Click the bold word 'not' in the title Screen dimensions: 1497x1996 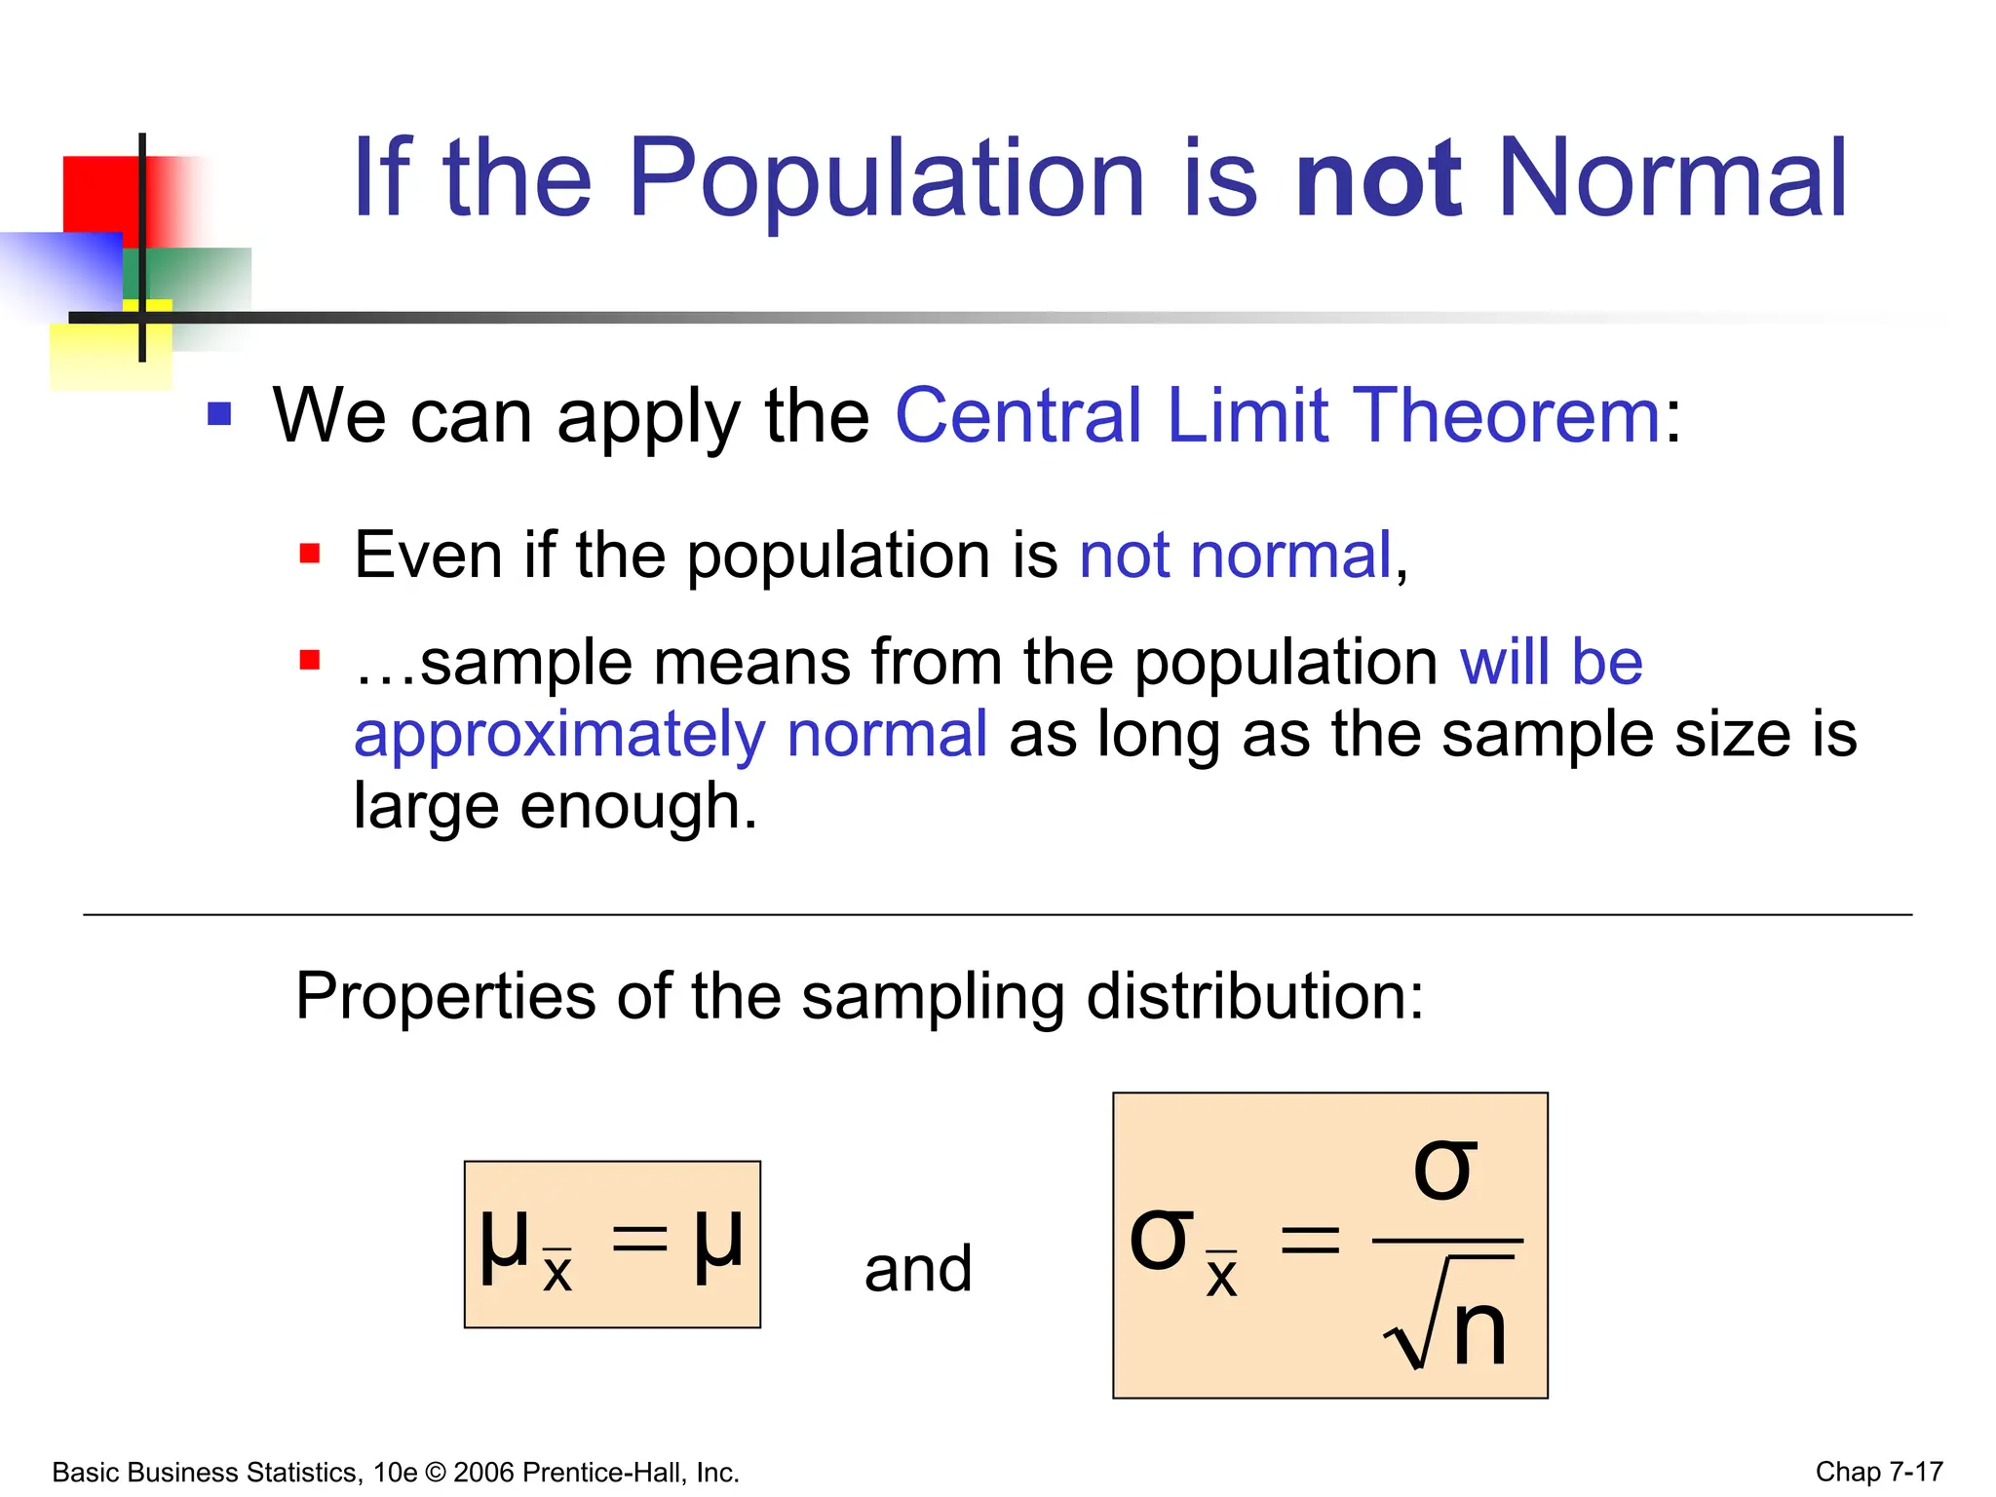[x=1378, y=180]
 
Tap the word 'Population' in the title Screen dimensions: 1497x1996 [x=885, y=180]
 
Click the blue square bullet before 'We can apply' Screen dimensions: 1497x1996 [x=219, y=414]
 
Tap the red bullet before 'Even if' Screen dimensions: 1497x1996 [x=310, y=555]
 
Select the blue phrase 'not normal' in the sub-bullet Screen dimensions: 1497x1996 [x=1235, y=557]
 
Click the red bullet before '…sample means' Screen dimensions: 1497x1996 [x=310, y=661]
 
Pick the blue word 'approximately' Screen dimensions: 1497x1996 [x=559, y=736]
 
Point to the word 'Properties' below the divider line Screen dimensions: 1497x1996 [x=445, y=996]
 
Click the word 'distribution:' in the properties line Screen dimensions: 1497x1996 [x=1254, y=996]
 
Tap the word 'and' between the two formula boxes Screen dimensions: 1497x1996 [x=918, y=1269]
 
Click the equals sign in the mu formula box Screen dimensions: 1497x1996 [x=639, y=1240]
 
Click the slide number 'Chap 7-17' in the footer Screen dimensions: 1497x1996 [x=1878, y=1472]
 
